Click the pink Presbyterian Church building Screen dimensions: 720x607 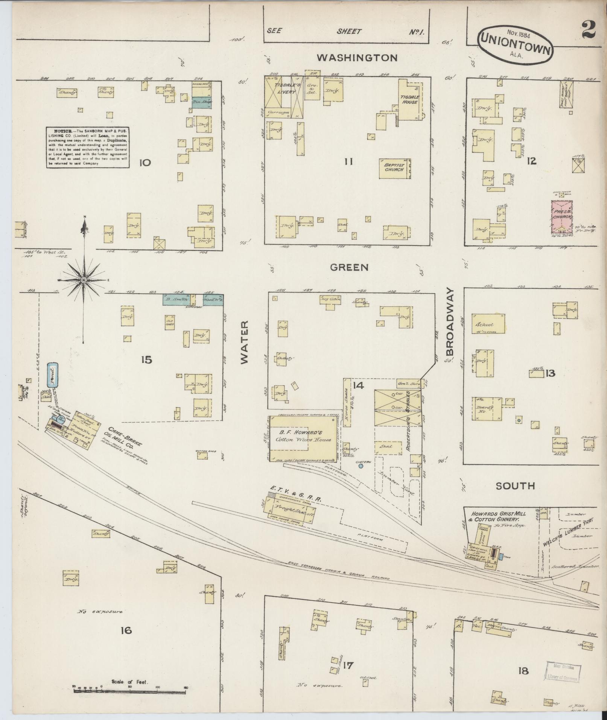coord(562,217)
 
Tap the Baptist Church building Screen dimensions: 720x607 coord(394,167)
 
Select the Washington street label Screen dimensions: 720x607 coord(357,58)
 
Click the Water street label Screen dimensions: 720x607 coord(245,342)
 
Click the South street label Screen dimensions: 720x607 coord(515,486)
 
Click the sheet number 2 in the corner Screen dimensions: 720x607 coord(589,30)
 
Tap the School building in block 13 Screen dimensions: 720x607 coord(488,324)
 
